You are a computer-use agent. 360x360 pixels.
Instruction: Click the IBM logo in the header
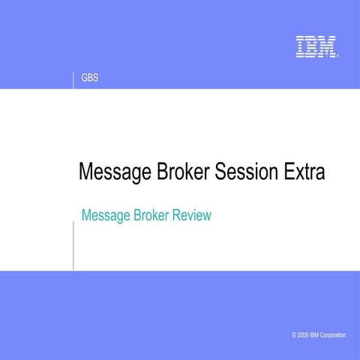[316, 46]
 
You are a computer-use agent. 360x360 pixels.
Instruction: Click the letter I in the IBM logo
[300, 46]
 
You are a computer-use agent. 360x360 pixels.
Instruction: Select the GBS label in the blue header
[90, 79]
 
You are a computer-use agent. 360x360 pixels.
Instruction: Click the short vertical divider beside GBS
[73, 79]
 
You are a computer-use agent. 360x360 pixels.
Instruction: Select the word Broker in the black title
[184, 172]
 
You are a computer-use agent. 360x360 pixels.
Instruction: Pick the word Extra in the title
[304, 172]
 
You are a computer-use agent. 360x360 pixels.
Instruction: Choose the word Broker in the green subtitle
[152, 216]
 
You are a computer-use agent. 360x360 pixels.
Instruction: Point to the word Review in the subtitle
[192, 216]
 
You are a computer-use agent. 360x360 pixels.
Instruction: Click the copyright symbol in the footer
[295, 335]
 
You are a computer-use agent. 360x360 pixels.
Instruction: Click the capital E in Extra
[289, 172]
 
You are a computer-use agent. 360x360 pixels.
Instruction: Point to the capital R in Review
[178, 216]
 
